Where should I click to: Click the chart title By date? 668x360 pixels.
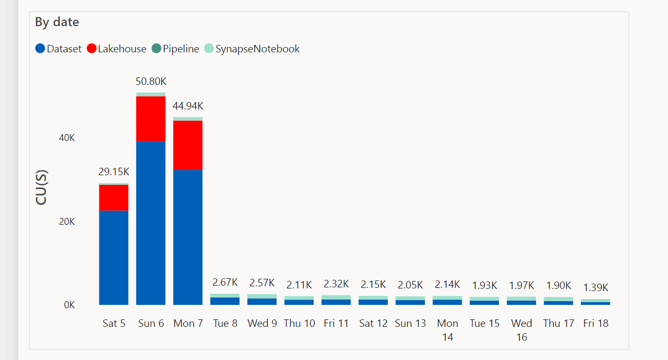(x=57, y=22)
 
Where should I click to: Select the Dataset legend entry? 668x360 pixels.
(x=59, y=49)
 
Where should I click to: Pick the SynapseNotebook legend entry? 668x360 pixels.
(x=252, y=49)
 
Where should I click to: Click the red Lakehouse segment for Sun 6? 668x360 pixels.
(x=151, y=119)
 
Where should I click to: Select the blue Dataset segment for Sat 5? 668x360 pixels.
(x=113, y=257)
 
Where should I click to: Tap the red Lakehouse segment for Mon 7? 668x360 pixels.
(x=188, y=145)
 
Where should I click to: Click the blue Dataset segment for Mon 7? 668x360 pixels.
(x=188, y=237)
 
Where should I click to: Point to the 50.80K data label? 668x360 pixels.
(x=151, y=82)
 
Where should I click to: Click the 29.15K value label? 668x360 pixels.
(x=113, y=172)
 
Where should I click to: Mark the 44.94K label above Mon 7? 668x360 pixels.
(x=188, y=106)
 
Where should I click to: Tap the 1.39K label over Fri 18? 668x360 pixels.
(x=595, y=287)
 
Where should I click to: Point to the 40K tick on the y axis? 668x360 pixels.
(x=67, y=138)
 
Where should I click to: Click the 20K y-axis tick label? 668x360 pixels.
(x=67, y=222)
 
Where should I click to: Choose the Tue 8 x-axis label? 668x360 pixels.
(x=225, y=323)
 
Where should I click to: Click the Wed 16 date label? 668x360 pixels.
(x=522, y=330)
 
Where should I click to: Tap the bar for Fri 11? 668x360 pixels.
(x=336, y=300)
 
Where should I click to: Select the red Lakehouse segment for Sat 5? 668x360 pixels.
(x=113, y=197)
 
